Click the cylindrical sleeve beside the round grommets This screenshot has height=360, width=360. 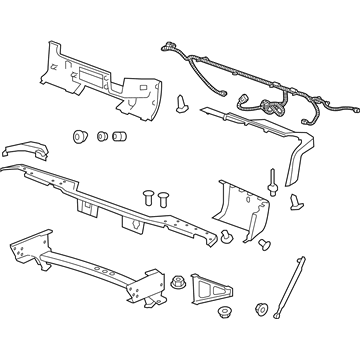tap(122, 136)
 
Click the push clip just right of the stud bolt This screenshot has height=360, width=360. tap(297, 203)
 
